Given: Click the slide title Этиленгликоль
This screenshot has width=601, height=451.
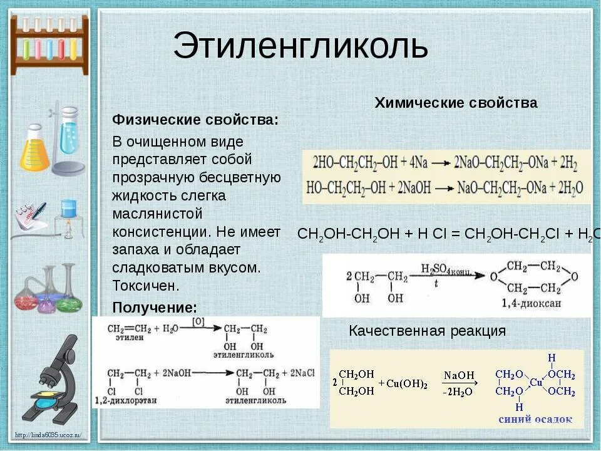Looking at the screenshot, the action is pyautogui.click(x=300, y=46).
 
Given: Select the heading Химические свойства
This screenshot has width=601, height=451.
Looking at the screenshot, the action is pyautogui.click(x=456, y=103).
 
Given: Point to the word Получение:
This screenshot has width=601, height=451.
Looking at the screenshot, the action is pyautogui.click(x=155, y=307).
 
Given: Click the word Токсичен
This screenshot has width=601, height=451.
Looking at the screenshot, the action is pyautogui.click(x=146, y=286).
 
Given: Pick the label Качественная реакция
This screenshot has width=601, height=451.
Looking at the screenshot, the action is pyautogui.click(x=427, y=331).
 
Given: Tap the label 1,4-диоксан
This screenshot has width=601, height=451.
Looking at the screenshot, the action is pyautogui.click(x=532, y=303).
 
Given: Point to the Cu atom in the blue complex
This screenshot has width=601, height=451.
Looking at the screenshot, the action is pyautogui.click(x=536, y=382).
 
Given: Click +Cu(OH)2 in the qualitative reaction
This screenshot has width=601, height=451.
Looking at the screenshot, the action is pyautogui.click(x=403, y=384).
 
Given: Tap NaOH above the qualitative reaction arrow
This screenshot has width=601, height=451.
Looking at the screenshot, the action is pyautogui.click(x=459, y=375).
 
